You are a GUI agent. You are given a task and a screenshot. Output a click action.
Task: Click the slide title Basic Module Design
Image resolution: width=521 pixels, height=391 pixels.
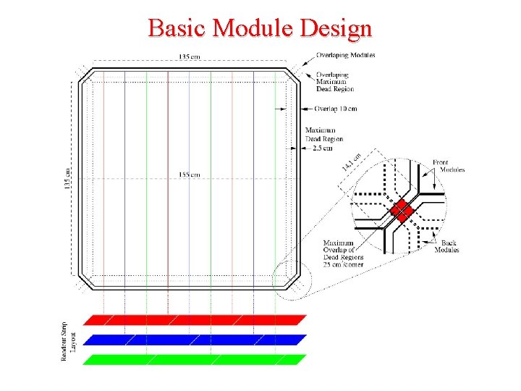[x=260, y=28]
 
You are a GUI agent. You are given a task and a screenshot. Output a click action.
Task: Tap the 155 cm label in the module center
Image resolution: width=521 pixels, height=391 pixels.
[x=189, y=175]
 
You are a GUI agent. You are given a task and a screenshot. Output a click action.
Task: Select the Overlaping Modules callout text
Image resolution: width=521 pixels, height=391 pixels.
[x=345, y=56]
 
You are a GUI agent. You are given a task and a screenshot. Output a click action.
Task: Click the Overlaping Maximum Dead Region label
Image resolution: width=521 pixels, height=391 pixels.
[x=335, y=82]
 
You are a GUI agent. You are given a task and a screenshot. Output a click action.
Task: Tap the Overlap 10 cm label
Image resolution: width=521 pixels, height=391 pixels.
[x=336, y=109]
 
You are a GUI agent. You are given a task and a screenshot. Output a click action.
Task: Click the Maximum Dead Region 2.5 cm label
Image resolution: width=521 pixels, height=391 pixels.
[x=323, y=139]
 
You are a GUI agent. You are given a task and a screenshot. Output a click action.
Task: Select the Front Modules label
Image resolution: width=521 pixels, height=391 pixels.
[x=449, y=166]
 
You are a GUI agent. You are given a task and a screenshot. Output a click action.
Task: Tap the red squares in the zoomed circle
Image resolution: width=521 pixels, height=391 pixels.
[x=400, y=211]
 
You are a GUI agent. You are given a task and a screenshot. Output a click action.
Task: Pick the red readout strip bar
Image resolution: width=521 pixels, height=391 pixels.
[x=195, y=319]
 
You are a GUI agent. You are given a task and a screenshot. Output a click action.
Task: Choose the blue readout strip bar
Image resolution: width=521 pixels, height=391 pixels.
[x=195, y=339]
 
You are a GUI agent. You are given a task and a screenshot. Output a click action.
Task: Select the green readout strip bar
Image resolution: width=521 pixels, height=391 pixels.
[x=195, y=359]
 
